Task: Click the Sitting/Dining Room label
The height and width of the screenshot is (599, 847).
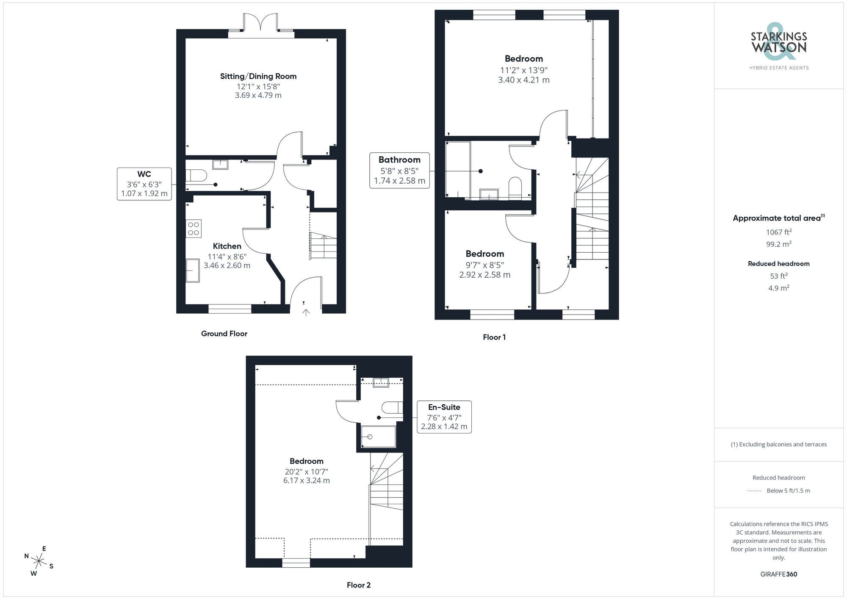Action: pos(258,77)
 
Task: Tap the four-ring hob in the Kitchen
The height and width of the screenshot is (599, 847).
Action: pos(194,229)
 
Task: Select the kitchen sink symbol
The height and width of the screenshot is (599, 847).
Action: pos(193,271)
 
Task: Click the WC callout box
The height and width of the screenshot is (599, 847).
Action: pos(144,184)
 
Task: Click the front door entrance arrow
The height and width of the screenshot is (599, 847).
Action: pos(306,312)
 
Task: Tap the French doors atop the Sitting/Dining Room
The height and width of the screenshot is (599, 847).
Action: pos(261,23)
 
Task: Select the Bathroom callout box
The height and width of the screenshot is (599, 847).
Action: pos(399,170)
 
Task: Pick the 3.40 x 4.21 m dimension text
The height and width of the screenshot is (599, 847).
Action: pos(523,80)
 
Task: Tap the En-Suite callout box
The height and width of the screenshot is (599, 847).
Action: pos(444,417)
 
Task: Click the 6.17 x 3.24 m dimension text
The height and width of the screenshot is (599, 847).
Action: pos(306,481)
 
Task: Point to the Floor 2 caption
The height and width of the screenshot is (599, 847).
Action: pos(358,585)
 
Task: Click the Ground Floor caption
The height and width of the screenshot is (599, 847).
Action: pos(224,334)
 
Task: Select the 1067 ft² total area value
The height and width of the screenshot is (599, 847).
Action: pos(778,232)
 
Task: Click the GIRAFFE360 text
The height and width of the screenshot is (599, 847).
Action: pos(778,574)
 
